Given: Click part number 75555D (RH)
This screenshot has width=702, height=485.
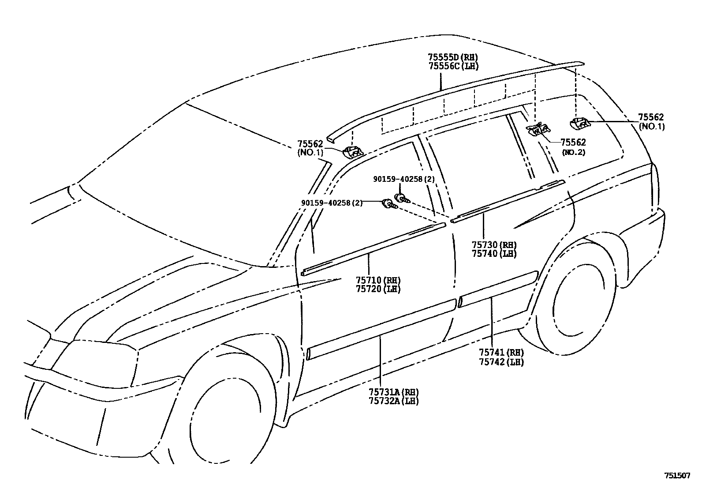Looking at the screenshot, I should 452,57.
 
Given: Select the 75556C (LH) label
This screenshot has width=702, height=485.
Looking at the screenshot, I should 452,66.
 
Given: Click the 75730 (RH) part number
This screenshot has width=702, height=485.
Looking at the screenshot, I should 494,245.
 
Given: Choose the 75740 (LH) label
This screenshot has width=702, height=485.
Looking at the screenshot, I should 494,254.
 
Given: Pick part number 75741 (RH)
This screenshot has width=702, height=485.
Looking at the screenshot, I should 501,353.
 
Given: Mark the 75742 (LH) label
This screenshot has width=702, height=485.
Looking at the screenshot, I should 501,362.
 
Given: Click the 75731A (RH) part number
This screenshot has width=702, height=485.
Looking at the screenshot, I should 393,392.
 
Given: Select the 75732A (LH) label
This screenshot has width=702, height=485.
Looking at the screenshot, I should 393,401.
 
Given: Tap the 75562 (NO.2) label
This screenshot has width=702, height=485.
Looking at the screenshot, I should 573,147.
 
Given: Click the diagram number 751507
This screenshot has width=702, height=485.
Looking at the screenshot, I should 677,476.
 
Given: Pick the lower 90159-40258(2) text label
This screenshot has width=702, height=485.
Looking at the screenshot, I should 332,203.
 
